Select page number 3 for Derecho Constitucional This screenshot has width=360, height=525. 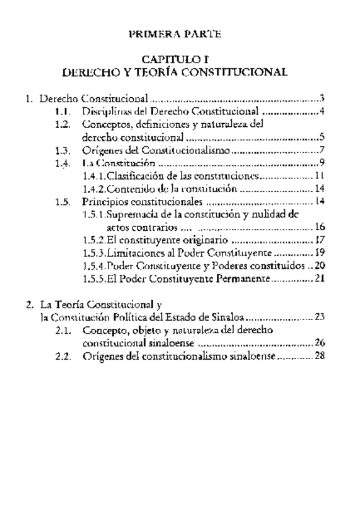point(323,98)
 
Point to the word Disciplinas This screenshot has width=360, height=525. point(108,112)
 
